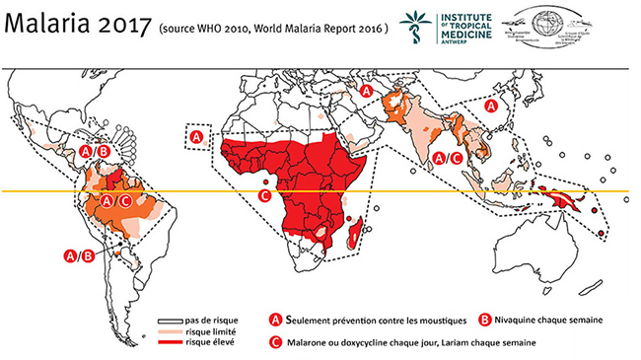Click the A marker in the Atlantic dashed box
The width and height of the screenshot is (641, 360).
[196, 136]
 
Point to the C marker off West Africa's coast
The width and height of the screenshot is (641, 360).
[264, 195]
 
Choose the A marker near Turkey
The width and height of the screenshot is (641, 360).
[366, 91]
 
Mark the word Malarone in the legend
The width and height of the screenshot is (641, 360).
[305, 343]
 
